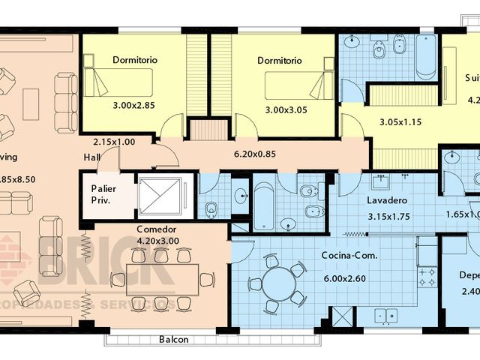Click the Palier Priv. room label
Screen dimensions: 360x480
(103, 195)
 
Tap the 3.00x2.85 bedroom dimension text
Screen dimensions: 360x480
(133, 106)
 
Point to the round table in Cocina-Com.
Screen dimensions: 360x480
(276, 283)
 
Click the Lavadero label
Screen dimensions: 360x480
(387, 202)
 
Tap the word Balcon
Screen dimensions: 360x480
(174, 340)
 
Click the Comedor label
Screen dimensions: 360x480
(157, 229)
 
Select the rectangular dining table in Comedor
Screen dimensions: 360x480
(162, 279)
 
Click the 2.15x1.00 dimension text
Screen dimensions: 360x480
(114, 142)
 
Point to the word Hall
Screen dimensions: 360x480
(92, 157)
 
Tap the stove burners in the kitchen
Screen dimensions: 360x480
(427, 275)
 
